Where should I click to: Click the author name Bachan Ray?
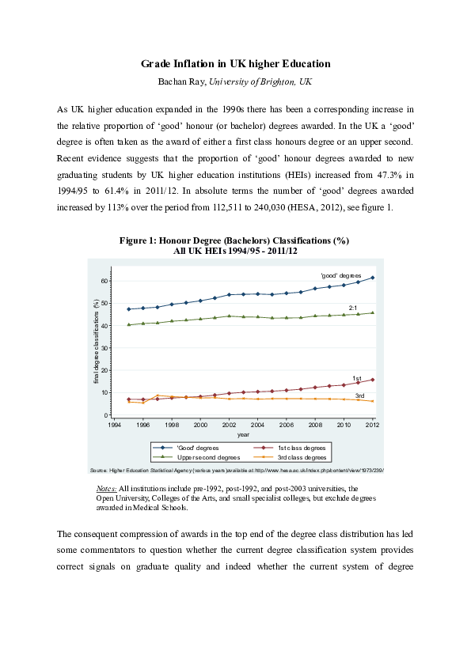(183, 81)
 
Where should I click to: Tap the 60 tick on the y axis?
(104, 281)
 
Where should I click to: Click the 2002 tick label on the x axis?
(229, 424)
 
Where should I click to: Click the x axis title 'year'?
(243, 433)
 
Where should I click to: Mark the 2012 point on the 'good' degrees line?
(372, 278)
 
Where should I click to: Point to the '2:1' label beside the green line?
(354, 307)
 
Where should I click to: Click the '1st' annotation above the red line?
(356, 378)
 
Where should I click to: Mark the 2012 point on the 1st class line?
(372, 380)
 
